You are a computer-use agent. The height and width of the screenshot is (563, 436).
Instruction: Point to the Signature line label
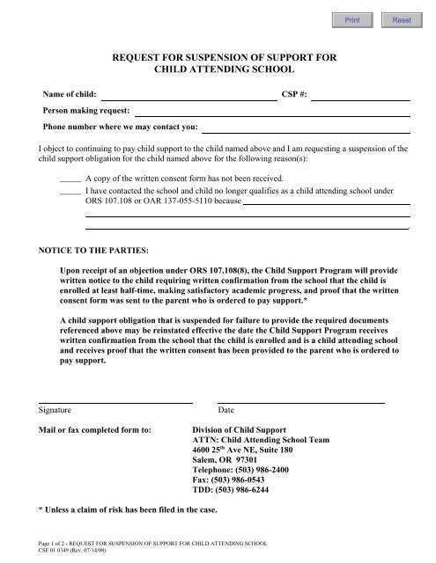(x=55, y=410)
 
